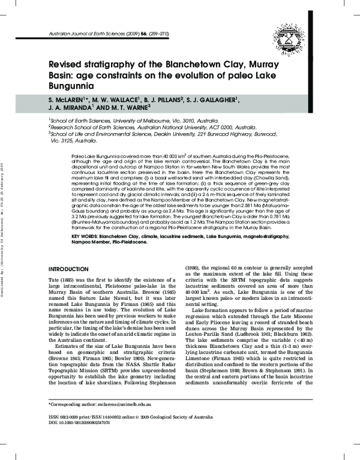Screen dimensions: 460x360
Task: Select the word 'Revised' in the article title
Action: tap(67, 67)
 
